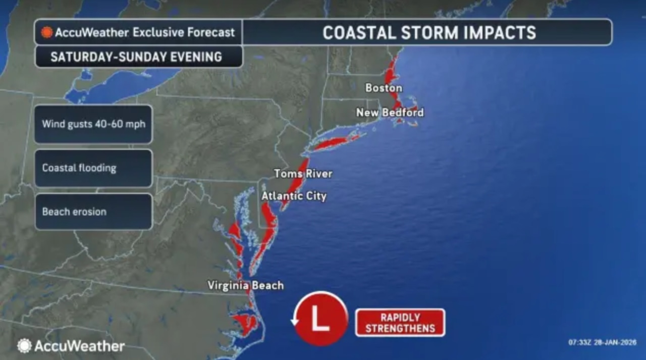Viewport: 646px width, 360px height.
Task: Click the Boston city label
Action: [384, 88]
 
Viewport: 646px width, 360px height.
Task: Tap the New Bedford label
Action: [390, 113]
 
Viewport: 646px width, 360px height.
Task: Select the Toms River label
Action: [303, 174]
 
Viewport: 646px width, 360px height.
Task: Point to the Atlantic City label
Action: [294, 196]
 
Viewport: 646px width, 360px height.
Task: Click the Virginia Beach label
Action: [246, 286]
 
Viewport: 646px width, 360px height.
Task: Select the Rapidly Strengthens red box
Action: [400, 323]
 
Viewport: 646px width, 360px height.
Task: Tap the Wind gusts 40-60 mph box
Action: [93, 124]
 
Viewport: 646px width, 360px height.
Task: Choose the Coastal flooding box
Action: [93, 168]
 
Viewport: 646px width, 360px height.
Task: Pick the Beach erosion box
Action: [93, 212]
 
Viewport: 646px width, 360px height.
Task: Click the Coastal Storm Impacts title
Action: [429, 33]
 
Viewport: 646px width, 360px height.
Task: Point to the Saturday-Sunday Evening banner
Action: [136, 57]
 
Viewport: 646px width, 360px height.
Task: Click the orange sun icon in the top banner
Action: [47, 33]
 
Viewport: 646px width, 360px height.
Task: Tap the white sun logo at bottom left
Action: [24, 346]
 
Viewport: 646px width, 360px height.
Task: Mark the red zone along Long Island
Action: [333, 143]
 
